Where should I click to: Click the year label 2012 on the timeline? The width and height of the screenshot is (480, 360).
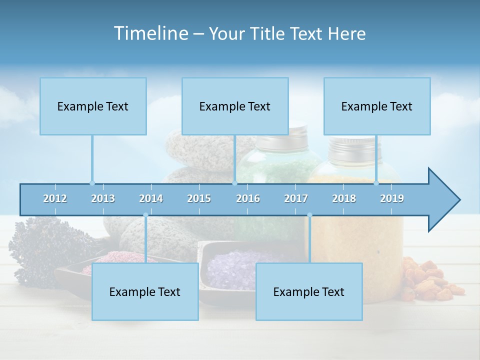coord(55,198)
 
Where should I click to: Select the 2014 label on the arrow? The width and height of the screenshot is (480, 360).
coord(151,198)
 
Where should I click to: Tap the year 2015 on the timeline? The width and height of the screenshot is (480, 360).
coord(199,198)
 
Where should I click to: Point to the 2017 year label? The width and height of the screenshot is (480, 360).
coord(296,198)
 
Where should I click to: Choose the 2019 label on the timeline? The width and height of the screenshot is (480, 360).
coord(392,198)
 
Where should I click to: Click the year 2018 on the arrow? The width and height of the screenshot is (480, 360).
coord(344,198)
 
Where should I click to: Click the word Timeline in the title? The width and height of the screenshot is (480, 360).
coord(150,33)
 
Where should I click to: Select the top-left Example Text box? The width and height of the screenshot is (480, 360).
coord(93,106)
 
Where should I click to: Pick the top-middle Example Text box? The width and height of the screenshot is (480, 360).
coord(235,106)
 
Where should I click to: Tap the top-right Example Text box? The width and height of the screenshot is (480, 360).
coord(377,106)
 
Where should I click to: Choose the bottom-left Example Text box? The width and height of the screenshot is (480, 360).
coord(145,291)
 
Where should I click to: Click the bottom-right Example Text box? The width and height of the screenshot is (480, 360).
coord(309,291)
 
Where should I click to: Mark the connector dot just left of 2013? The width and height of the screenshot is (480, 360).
coord(92,183)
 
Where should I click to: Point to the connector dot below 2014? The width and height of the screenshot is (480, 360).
coord(145,215)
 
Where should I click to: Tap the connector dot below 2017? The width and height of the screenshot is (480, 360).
coord(309,215)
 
